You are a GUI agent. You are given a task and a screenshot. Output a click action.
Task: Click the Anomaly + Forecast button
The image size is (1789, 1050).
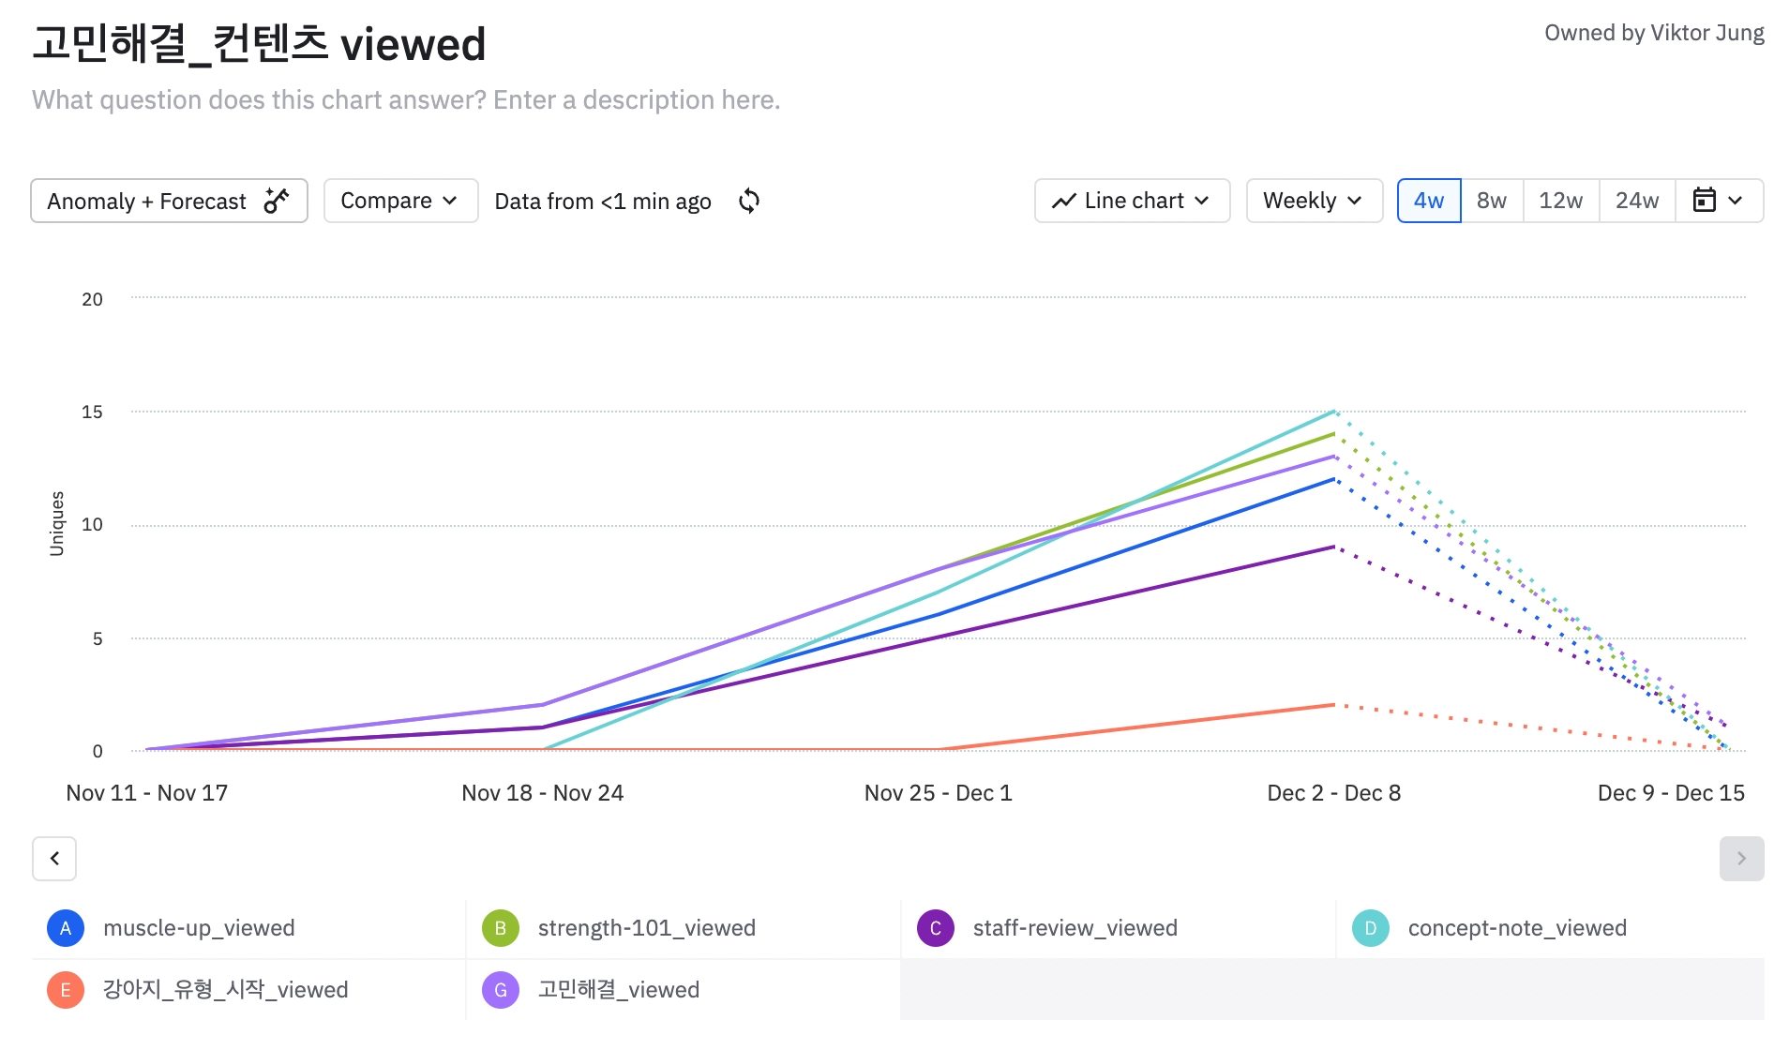pyautogui.click(x=169, y=201)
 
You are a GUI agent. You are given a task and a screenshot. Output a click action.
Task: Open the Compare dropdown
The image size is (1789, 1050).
pyautogui.click(x=400, y=201)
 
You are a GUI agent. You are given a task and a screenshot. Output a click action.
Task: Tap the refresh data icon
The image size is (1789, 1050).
pyautogui.click(x=748, y=201)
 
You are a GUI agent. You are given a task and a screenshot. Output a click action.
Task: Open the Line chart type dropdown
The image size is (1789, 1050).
pyautogui.click(x=1132, y=201)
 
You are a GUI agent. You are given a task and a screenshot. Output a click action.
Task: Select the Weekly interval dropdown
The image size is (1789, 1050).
pyautogui.click(x=1314, y=201)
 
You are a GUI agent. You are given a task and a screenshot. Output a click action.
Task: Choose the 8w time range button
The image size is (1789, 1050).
pyautogui.click(x=1491, y=201)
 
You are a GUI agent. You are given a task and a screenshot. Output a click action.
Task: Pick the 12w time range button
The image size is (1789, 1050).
pyautogui.click(x=1560, y=201)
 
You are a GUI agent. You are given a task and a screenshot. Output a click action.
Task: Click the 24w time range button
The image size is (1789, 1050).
pyautogui.click(x=1636, y=201)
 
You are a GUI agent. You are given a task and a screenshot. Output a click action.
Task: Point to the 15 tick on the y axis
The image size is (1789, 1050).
pyautogui.click(x=92, y=412)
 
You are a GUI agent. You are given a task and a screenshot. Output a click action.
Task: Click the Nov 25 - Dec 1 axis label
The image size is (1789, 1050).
pyautogui.click(x=938, y=793)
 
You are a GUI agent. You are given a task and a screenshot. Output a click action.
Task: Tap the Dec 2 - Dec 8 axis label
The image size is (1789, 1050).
pyautogui.click(x=1333, y=793)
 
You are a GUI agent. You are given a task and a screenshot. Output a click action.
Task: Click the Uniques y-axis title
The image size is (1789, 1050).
pyautogui.click(x=57, y=523)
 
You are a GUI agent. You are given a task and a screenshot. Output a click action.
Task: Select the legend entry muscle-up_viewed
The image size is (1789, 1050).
pyautogui.click(x=199, y=928)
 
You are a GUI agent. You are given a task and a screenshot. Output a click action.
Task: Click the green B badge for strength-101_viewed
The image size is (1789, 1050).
pyautogui.click(x=500, y=928)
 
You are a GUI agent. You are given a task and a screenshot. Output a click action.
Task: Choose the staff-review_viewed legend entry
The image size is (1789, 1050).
pyautogui.click(x=1075, y=928)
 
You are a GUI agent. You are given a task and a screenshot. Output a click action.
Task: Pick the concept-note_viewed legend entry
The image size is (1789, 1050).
pyautogui.click(x=1516, y=928)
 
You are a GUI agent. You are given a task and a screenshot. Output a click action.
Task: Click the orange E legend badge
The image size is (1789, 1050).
pyautogui.click(x=66, y=990)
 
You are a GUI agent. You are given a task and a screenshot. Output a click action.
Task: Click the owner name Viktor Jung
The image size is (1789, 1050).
pyautogui.click(x=1706, y=33)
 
